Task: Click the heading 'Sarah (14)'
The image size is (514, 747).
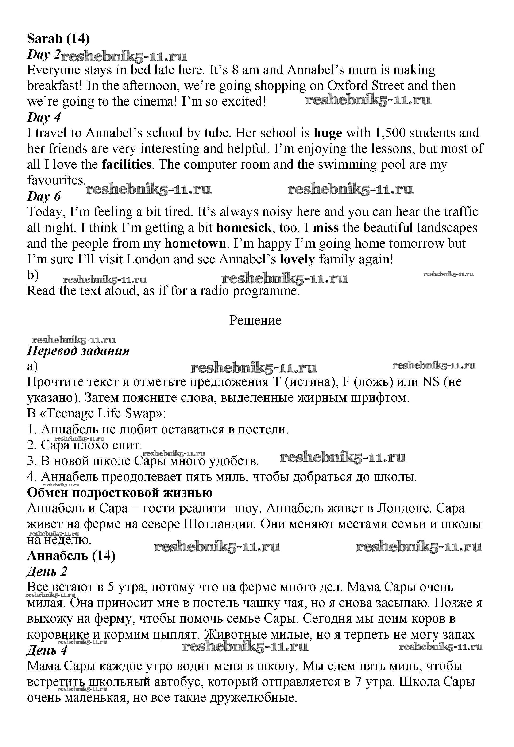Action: tap(58, 39)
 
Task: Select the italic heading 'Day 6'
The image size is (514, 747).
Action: tap(44, 196)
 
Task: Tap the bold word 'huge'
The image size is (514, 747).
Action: tap(328, 133)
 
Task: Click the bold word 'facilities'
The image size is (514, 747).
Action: tap(126, 165)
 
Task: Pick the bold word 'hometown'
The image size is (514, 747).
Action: tap(195, 244)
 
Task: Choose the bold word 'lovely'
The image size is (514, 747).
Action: tap(297, 260)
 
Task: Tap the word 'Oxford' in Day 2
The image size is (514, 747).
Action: tap(348, 86)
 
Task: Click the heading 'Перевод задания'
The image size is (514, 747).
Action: tap(78, 351)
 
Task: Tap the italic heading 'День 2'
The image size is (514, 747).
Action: tap(47, 572)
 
